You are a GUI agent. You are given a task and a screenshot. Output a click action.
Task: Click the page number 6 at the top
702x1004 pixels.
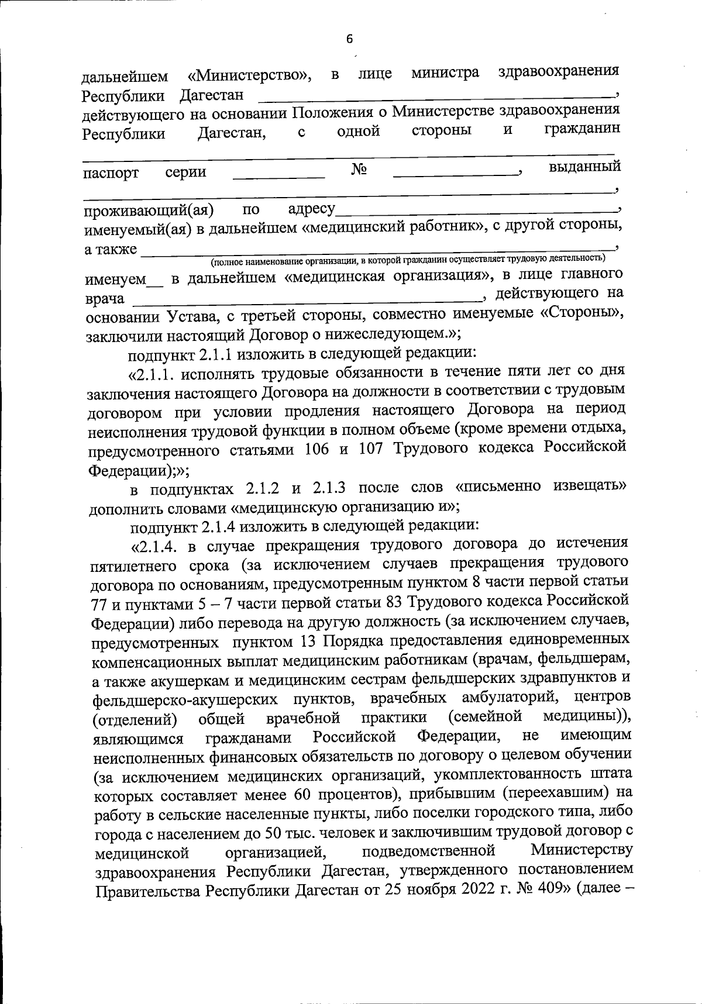tap(350, 39)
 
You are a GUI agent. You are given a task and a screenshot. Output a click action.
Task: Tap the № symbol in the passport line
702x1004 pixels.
tap(359, 170)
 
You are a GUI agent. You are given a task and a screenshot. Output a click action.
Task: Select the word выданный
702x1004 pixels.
tap(584, 167)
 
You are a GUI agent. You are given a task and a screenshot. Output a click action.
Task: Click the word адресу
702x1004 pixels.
tap(311, 209)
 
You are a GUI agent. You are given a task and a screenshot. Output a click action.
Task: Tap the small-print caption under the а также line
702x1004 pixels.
tap(408, 258)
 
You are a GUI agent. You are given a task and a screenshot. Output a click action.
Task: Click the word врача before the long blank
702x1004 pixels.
tap(105, 299)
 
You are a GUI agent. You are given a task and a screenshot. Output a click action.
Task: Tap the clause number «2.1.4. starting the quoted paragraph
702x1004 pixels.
tap(157, 546)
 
